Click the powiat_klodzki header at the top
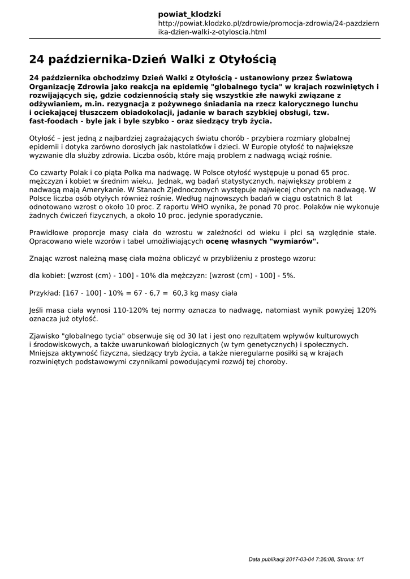tap(189, 14)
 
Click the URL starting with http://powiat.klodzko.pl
tap(269, 28)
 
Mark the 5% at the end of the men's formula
tap(287, 275)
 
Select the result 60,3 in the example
tap(181, 293)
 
